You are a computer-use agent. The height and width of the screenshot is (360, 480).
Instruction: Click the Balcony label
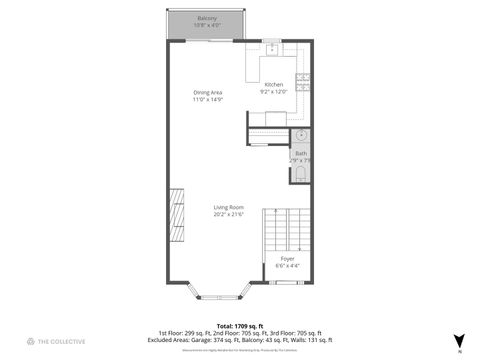coord(206,18)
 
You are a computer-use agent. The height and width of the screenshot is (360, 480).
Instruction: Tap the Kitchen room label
coord(273,84)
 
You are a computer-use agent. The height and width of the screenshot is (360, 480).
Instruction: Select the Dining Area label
coord(208,93)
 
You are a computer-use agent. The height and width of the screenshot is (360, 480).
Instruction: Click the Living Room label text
coord(228,207)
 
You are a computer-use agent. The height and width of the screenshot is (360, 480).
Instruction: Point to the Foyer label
coord(287,258)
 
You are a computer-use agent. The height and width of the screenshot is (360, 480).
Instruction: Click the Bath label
coord(300,153)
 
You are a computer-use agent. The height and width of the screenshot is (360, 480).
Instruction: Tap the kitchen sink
coord(271,46)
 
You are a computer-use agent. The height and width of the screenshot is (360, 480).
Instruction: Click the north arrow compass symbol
coord(459,340)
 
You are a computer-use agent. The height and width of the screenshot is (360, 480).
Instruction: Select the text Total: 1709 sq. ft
coord(239,326)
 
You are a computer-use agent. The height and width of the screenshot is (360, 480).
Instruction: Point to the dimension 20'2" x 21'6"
coord(228,214)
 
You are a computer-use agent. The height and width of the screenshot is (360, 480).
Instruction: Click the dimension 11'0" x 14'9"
coord(208,100)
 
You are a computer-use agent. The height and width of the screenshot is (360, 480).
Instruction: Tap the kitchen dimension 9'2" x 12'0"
coord(273,91)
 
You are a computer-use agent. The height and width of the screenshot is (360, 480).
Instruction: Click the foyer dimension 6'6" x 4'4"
coord(287,266)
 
